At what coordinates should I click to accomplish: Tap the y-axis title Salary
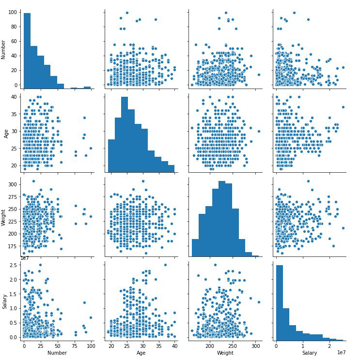[x=5, y=300]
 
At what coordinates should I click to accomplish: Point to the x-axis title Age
[x=141, y=353]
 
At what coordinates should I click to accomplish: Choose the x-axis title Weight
[x=225, y=353]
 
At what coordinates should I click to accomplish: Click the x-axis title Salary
[x=310, y=353]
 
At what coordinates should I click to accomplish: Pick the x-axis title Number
[x=57, y=353]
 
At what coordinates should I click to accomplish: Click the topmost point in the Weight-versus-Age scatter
[x=143, y=181]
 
